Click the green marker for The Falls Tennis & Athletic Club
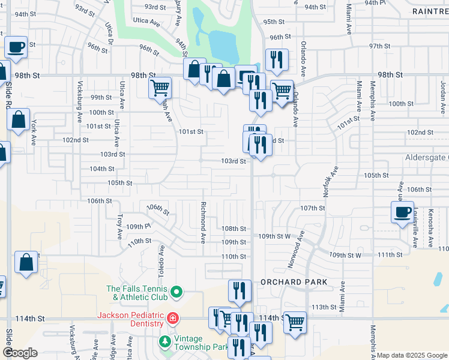click(176, 292)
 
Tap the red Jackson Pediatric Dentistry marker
click(172, 317)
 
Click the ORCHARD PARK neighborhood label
click(294, 282)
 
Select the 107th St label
click(313, 208)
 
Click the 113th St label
click(325, 307)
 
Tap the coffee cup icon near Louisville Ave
click(402, 212)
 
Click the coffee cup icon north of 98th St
click(16, 47)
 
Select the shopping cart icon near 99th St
click(160, 88)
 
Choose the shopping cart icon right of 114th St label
click(295, 322)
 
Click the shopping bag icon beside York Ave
click(19, 120)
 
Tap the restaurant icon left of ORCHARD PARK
click(240, 290)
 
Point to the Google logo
click(20, 353)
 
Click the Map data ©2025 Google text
click(412, 355)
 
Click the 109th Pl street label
click(137, 227)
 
